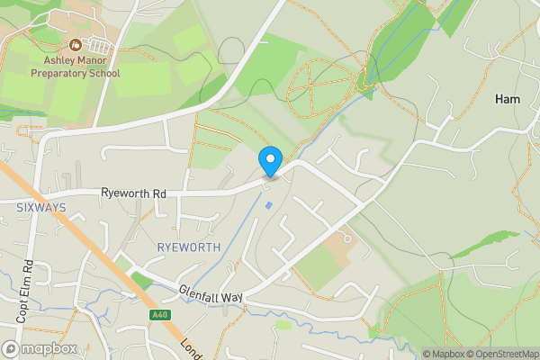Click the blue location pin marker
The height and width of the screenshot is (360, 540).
(x=269, y=160)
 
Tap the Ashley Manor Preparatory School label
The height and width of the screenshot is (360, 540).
(x=75, y=67)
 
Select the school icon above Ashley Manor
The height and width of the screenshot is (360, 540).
(x=75, y=45)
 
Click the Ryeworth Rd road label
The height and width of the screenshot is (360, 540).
(x=134, y=193)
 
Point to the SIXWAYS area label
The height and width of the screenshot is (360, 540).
(x=41, y=207)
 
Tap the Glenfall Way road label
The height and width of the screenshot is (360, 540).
(x=211, y=295)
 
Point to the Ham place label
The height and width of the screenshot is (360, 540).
(x=508, y=101)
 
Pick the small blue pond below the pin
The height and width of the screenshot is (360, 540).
(x=268, y=206)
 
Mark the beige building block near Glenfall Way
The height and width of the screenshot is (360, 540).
(x=339, y=242)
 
